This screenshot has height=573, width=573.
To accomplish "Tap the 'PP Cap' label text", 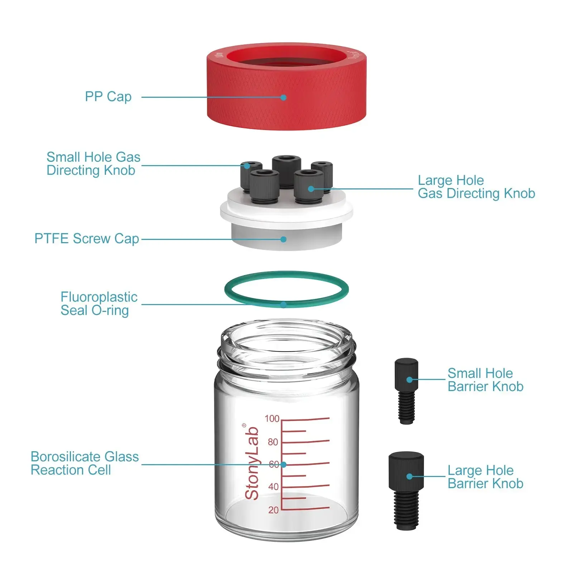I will pyautogui.click(x=108, y=97).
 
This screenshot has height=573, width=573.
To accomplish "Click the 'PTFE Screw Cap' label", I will pyautogui.click(x=87, y=239).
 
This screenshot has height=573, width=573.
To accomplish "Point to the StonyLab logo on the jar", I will pyautogui.click(x=252, y=463).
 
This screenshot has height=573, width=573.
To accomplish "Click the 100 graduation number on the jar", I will pyautogui.click(x=272, y=419).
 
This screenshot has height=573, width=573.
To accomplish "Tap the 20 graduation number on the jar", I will pyautogui.click(x=273, y=510).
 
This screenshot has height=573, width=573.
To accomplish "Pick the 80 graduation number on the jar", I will pyautogui.click(x=273, y=442).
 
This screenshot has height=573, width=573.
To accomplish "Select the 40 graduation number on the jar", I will pyautogui.click(x=273, y=487).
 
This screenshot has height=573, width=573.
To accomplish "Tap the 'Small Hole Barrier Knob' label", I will pyautogui.click(x=485, y=380).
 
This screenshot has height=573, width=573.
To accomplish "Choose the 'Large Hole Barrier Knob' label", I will pyautogui.click(x=485, y=477).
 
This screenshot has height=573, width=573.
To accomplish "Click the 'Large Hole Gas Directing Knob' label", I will pyautogui.click(x=476, y=187).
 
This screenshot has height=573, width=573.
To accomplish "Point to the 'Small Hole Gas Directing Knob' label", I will pyautogui.click(x=93, y=164).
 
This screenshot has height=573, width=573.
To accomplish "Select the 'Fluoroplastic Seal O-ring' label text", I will pyautogui.click(x=98, y=304).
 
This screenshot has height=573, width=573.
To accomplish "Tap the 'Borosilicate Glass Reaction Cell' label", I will pyautogui.click(x=85, y=463).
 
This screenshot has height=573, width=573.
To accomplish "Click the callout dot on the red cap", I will pyautogui.click(x=283, y=97).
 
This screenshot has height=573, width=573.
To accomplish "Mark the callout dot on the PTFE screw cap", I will pyautogui.click(x=283, y=239).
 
